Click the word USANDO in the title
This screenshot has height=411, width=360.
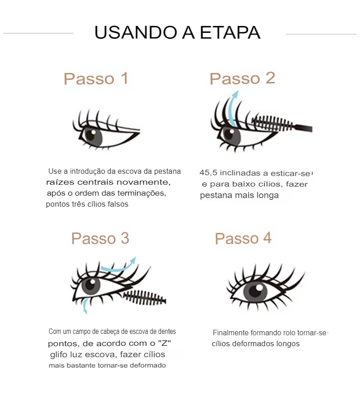tap(136, 32)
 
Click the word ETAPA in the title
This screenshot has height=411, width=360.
tap(230, 32)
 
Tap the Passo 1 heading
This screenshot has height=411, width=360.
tap(96, 78)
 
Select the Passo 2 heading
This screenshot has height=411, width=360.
tap(242, 78)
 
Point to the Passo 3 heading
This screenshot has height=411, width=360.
tap(100, 238)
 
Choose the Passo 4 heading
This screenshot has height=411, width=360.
tap(243, 238)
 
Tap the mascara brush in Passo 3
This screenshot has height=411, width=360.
tap(144, 297)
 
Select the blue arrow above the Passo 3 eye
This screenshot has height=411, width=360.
tap(118, 265)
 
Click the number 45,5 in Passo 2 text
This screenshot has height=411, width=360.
tap(208, 173)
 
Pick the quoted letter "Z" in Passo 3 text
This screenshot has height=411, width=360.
tap(165, 343)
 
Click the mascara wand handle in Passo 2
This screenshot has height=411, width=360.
tap(303, 128)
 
